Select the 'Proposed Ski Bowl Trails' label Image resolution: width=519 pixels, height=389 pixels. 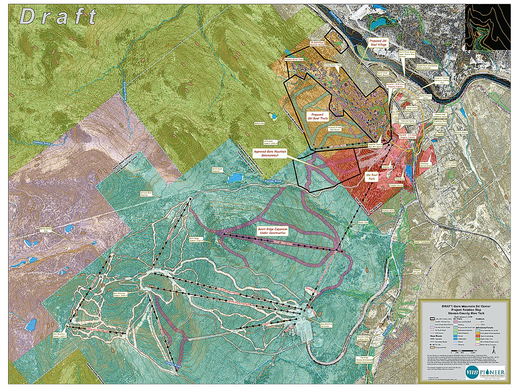coord(320,117)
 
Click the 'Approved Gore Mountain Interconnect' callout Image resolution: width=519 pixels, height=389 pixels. coord(270,154)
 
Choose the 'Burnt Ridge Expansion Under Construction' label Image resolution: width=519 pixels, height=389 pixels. coord(271,231)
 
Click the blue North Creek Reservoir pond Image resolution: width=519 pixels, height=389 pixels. coord(235,178)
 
